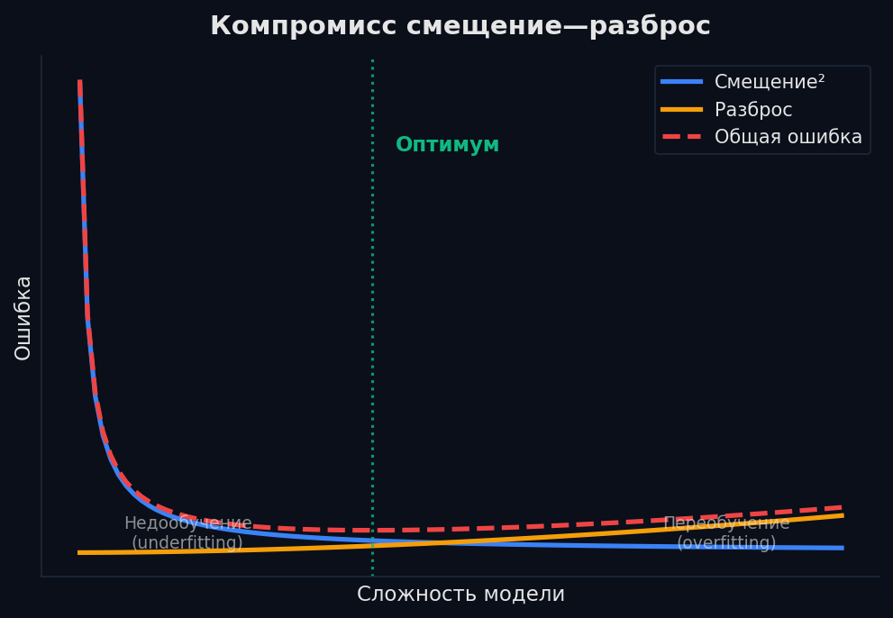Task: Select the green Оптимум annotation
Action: click(447, 145)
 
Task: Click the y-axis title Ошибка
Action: click(23, 318)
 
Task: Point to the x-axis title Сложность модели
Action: click(460, 595)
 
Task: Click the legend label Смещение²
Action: click(770, 82)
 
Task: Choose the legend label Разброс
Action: click(753, 110)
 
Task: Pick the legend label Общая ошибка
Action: click(788, 137)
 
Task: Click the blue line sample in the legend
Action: click(681, 82)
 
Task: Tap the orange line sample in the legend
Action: click(681, 110)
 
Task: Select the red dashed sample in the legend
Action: click(681, 137)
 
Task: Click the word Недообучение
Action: click(187, 523)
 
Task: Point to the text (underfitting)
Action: click(187, 543)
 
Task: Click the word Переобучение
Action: click(726, 523)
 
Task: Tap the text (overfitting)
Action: click(726, 543)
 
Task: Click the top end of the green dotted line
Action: click(372, 59)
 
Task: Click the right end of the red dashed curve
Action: click(843, 507)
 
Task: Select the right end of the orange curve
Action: click(843, 514)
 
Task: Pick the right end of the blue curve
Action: click(843, 548)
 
